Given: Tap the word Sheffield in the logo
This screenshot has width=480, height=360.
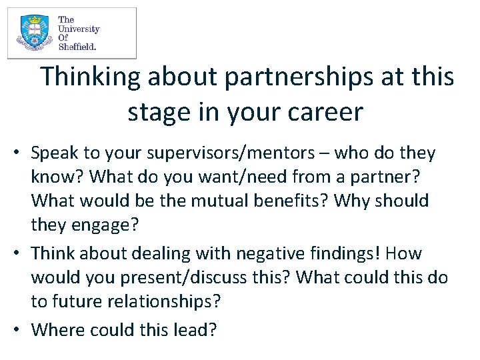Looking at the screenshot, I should click(x=77, y=47).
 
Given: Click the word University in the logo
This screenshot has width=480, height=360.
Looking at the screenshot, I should click(x=79, y=29).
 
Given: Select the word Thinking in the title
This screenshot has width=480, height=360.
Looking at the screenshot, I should click(x=91, y=77).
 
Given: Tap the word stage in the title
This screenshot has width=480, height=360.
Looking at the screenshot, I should click(x=158, y=113).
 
